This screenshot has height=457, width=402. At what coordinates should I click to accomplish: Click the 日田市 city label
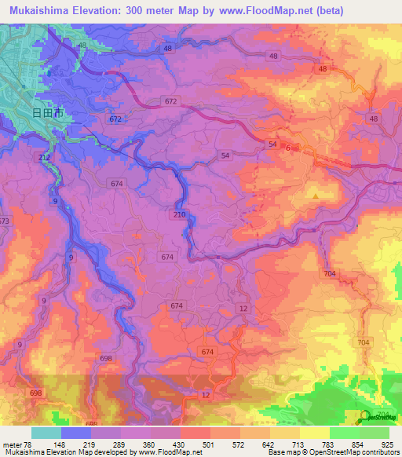click(47, 113)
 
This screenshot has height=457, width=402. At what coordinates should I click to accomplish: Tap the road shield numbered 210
click(179, 214)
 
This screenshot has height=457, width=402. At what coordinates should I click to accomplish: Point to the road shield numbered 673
click(4, 221)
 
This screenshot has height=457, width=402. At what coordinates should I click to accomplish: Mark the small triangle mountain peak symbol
click(316, 196)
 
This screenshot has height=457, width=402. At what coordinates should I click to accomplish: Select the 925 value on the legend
click(388, 445)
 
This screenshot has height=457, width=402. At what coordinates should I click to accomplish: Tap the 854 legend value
click(358, 445)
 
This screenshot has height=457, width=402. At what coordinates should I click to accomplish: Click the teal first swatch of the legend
click(46, 433)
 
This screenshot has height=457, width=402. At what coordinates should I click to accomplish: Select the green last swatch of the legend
click(374, 433)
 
